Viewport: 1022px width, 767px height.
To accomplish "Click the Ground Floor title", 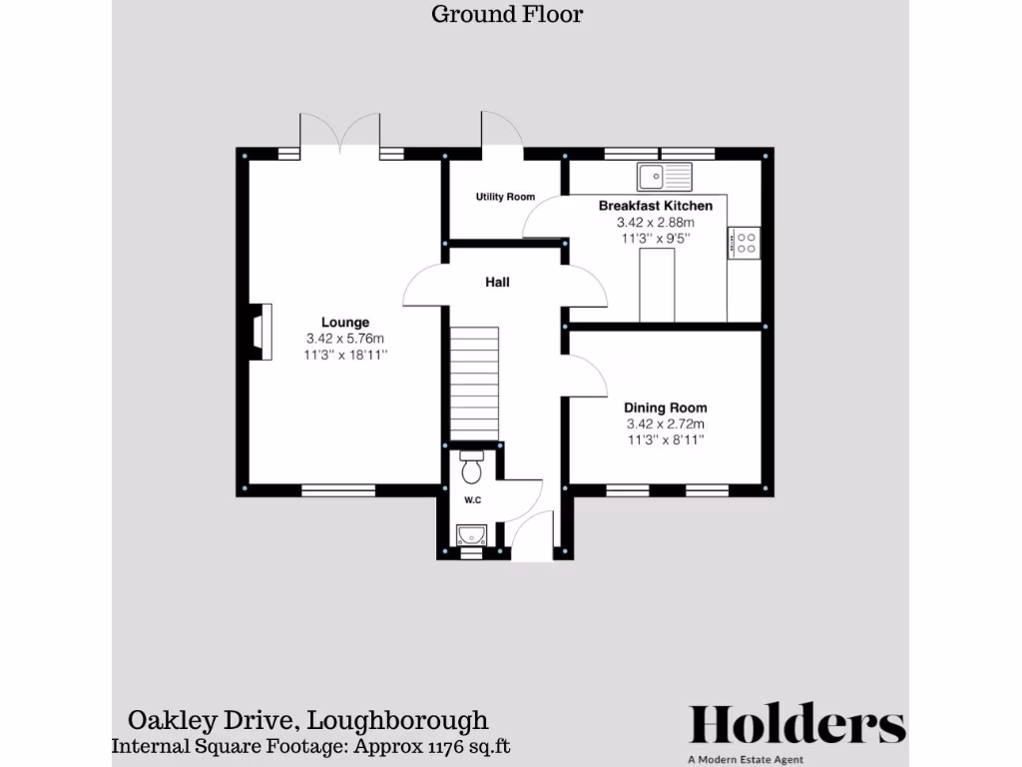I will tap(506, 14).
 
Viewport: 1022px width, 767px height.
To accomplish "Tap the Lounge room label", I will tap(345, 322).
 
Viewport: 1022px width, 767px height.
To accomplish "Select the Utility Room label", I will tap(505, 197).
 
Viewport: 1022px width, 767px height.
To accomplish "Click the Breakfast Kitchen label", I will tap(656, 206).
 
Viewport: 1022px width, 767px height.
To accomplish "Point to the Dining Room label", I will tap(666, 407).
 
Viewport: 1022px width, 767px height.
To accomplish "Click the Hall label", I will tap(497, 283).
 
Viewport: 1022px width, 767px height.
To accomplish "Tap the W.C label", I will tap(473, 499).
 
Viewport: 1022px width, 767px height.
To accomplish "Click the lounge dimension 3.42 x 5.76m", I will tap(345, 338).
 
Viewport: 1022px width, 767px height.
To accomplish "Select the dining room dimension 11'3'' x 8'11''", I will tap(666, 439).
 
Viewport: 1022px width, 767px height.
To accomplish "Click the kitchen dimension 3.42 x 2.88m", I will tap(656, 223).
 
